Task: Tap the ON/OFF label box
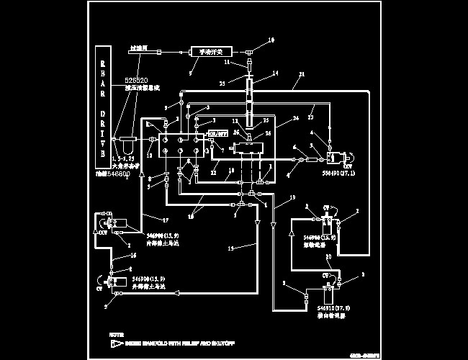217,134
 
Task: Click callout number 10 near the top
271,40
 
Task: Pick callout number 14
275,74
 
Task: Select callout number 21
301,75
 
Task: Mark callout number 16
133,256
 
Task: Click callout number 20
328,257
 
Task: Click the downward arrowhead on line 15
257,226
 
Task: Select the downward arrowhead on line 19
273,226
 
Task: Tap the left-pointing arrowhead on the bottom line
176,292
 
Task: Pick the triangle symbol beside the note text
116,344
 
